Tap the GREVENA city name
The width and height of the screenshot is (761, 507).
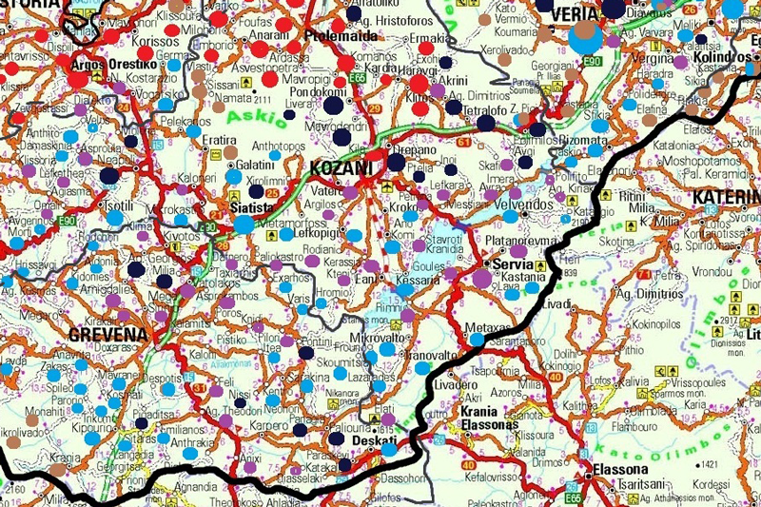pyautogui.click(x=108, y=335)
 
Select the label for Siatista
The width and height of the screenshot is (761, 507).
pyautogui.click(x=252, y=207)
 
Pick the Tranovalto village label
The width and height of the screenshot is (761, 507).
pyautogui.click(x=434, y=356)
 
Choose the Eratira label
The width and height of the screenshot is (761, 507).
pyautogui.click(x=220, y=140)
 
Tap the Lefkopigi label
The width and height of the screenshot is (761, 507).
pyautogui.click(x=322, y=232)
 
